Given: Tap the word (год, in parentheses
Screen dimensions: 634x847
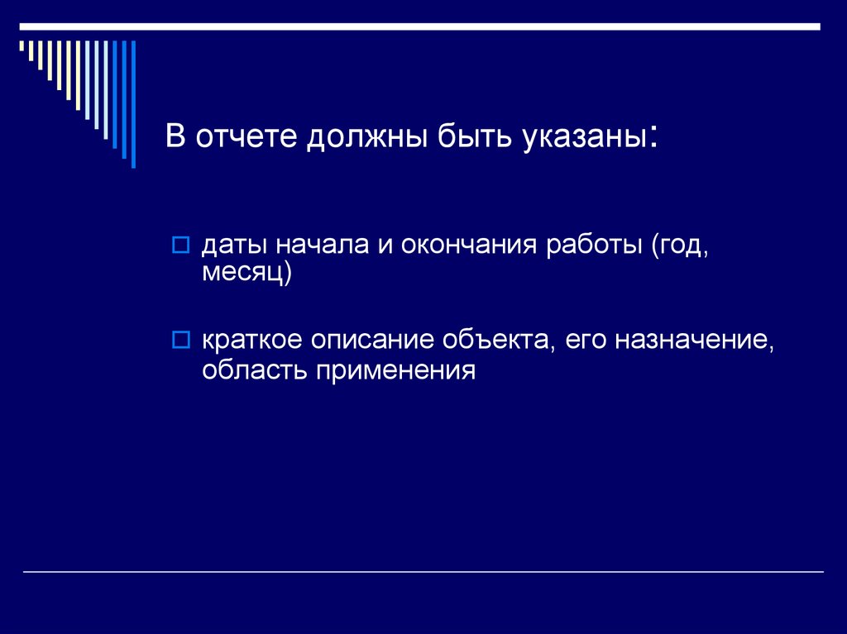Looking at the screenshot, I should (680, 246).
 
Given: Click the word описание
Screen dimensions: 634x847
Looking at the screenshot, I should (375, 341).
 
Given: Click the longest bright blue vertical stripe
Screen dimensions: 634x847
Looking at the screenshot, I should (132, 103).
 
